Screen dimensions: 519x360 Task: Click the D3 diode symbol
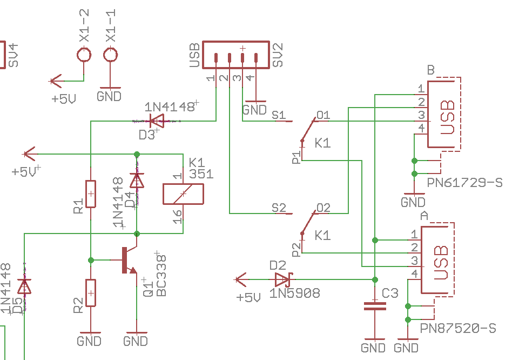point(157,121)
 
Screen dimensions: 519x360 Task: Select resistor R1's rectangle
point(91,194)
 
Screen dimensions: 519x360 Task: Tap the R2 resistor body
point(91,293)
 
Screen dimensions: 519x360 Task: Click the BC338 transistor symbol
point(129,260)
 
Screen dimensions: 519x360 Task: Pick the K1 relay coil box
point(183,194)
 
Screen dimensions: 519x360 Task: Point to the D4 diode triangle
point(137,181)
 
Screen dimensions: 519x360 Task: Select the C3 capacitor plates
point(375,306)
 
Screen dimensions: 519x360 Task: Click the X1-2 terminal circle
point(84,55)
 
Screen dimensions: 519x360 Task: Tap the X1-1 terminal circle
point(110,55)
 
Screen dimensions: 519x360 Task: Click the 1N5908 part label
point(294,293)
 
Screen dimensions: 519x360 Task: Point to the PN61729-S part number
point(464,183)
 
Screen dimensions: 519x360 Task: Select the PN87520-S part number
point(458,328)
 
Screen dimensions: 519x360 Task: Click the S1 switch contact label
point(279,115)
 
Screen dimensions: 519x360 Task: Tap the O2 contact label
point(323,208)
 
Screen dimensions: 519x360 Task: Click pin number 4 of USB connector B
point(421,128)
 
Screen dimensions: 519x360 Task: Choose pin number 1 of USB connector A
point(414,235)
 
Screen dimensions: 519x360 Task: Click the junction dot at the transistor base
point(91,261)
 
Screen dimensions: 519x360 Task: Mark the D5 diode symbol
point(24,286)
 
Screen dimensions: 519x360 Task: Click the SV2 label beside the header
point(278,55)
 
